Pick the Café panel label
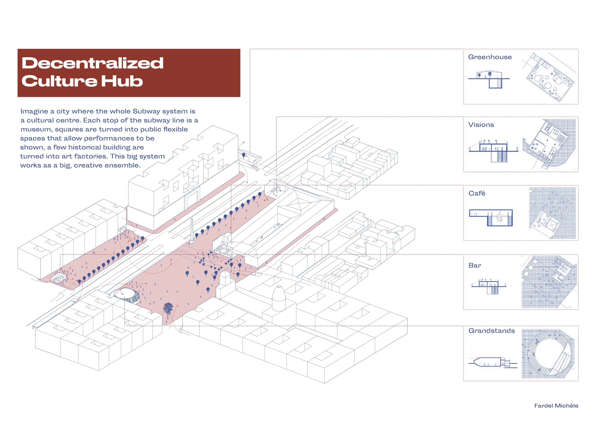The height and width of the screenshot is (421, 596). pyautogui.click(x=477, y=193)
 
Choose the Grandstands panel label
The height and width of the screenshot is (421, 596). pyautogui.click(x=491, y=331)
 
